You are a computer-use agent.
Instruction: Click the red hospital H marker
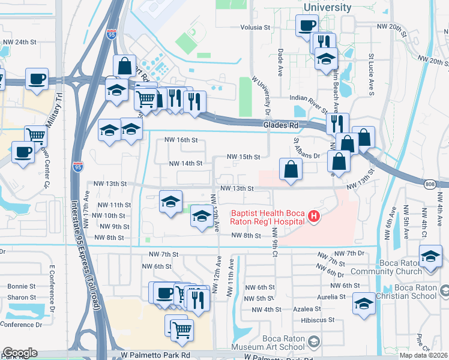click(313, 216)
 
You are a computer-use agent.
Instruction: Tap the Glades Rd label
click(280, 125)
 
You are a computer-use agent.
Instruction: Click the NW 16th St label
click(181, 140)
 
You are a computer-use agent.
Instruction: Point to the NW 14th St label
click(185, 163)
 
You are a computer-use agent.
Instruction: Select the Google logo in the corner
click(19, 353)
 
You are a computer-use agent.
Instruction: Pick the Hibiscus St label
click(318, 320)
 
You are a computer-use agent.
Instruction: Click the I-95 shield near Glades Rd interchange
click(112, 35)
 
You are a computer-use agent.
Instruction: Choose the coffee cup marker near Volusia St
click(307, 25)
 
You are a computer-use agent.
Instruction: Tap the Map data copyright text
click(423, 355)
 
